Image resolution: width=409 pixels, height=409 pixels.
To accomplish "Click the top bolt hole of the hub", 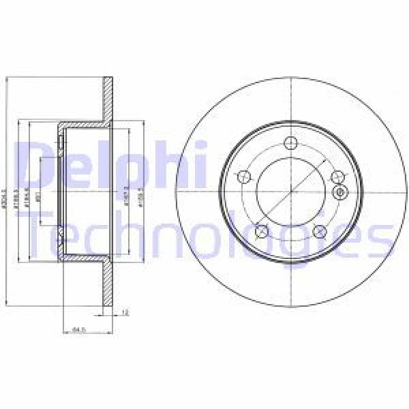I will (x=291, y=144).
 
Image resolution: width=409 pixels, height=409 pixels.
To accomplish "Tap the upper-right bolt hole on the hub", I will (x=335, y=177).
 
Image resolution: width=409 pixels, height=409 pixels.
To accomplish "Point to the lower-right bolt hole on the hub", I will (x=318, y=232).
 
